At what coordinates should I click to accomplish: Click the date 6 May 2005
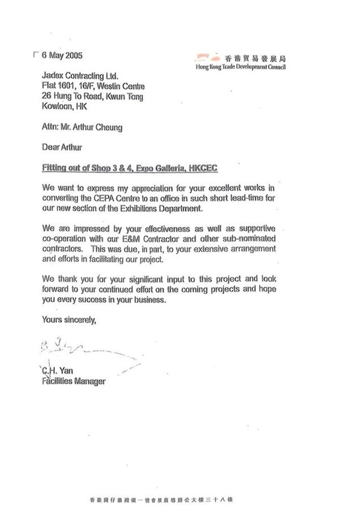point(62,55)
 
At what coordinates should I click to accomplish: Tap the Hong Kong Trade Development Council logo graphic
point(208,57)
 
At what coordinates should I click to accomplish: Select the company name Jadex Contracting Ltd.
point(82,76)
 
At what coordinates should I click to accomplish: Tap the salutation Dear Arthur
point(62,148)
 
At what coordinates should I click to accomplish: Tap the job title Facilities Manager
point(74,381)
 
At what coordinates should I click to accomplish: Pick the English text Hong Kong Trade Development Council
point(240,67)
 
